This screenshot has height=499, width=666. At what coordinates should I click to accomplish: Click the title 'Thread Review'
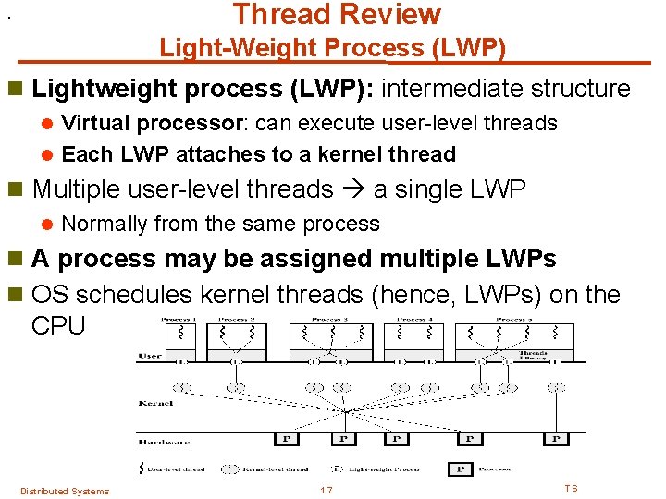pyautogui.click(x=337, y=15)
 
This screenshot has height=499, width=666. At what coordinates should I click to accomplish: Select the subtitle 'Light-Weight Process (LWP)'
pyautogui.click(x=332, y=47)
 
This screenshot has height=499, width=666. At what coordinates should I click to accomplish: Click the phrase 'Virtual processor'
pyautogui.click(x=142, y=123)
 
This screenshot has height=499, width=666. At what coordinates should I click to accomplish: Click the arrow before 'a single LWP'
pyautogui.click(x=353, y=189)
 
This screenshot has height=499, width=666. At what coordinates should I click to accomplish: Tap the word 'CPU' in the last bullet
pyautogui.click(x=57, y=325)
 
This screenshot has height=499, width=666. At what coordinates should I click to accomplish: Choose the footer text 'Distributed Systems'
pyautogui.click(x=64, y=491)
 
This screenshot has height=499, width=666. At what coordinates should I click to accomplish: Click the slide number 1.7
pyautogui.click(x=326, y=490)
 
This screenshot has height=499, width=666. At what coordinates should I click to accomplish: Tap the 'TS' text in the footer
pyautogui.click(x=571, y=489)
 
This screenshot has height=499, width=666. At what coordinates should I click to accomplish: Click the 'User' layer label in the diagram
pyautogui.click(x=150, y=356)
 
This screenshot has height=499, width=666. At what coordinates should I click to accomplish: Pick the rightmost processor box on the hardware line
pyautogui.click(x=556, y=439)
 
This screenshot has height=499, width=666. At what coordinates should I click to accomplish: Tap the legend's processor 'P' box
pyautogui.click(x=460, y=469)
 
